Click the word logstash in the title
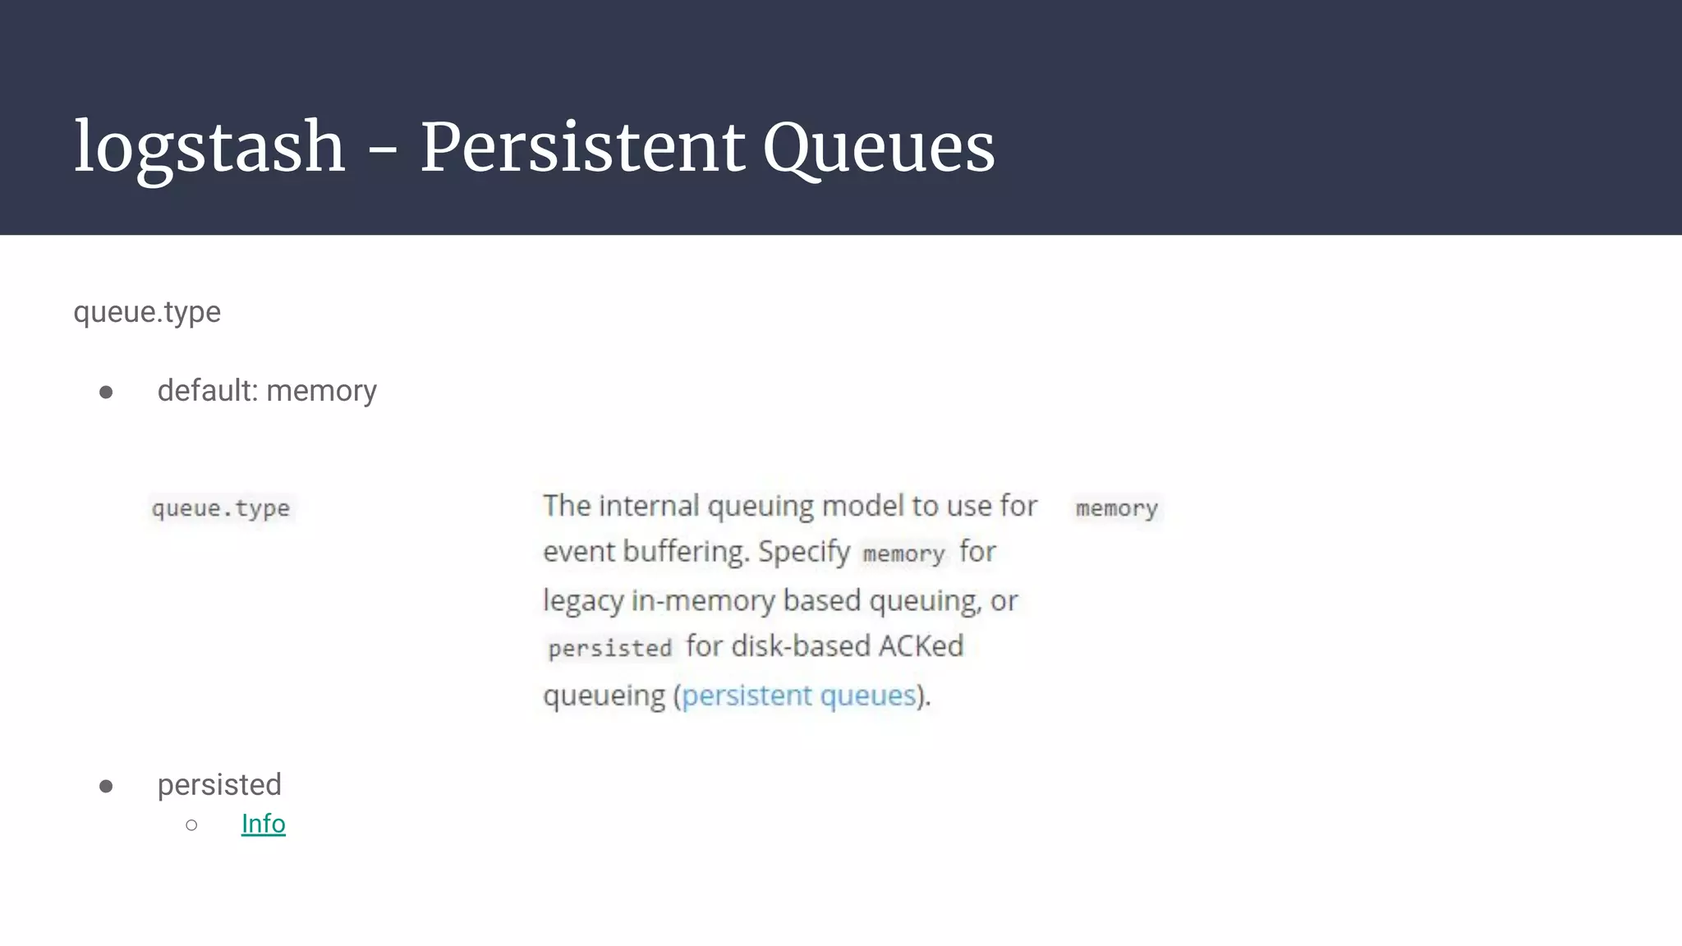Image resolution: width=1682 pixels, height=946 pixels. tap(209, 148)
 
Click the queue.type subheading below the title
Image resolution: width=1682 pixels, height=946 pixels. tap(147, 312)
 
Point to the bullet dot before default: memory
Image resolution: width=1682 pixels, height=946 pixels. tap(106, 392)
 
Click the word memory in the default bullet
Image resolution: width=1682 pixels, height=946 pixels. tap(321, 391)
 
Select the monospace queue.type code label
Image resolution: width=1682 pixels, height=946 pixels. tap(221, 508)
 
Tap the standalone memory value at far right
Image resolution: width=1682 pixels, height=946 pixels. tap(1117, 508)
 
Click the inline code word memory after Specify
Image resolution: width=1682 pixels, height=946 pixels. tap(903, 553)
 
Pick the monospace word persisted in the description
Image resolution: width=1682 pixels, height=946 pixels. tap(610, 649)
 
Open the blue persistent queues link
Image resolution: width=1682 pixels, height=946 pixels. tap(798, 696)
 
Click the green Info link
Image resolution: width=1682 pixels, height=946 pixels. tap(263, 824)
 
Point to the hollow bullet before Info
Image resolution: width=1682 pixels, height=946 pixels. tap(191, 824)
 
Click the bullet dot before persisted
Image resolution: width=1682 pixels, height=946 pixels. tap(106, 786)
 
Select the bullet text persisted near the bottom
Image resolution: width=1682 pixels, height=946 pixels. tap(219, 785)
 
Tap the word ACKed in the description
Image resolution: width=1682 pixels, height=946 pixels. tap(921, 646)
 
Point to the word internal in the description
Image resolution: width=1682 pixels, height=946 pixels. tap(649, 506)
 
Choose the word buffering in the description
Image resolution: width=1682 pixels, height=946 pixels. tap(687, 552)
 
